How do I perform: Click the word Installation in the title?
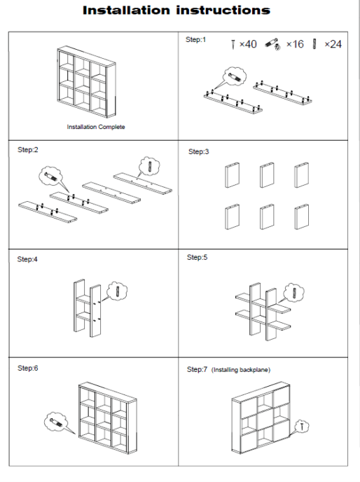126,11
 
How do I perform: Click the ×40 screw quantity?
248,44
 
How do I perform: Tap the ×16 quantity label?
295,44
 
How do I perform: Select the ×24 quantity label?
333,44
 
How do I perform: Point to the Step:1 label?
195,40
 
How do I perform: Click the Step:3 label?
199,151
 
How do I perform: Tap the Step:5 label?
197,257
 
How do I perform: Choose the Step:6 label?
28,368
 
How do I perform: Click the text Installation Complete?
96,127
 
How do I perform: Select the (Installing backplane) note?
241,370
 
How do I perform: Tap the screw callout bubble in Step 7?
302,426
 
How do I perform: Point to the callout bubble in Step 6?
55,422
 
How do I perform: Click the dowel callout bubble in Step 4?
117,291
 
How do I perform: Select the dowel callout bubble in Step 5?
294,292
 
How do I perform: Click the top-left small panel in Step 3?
232,175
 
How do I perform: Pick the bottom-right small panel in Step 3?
302,216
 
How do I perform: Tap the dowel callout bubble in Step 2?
149,166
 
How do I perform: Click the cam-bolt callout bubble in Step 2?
50,176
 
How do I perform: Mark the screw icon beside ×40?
233,44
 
